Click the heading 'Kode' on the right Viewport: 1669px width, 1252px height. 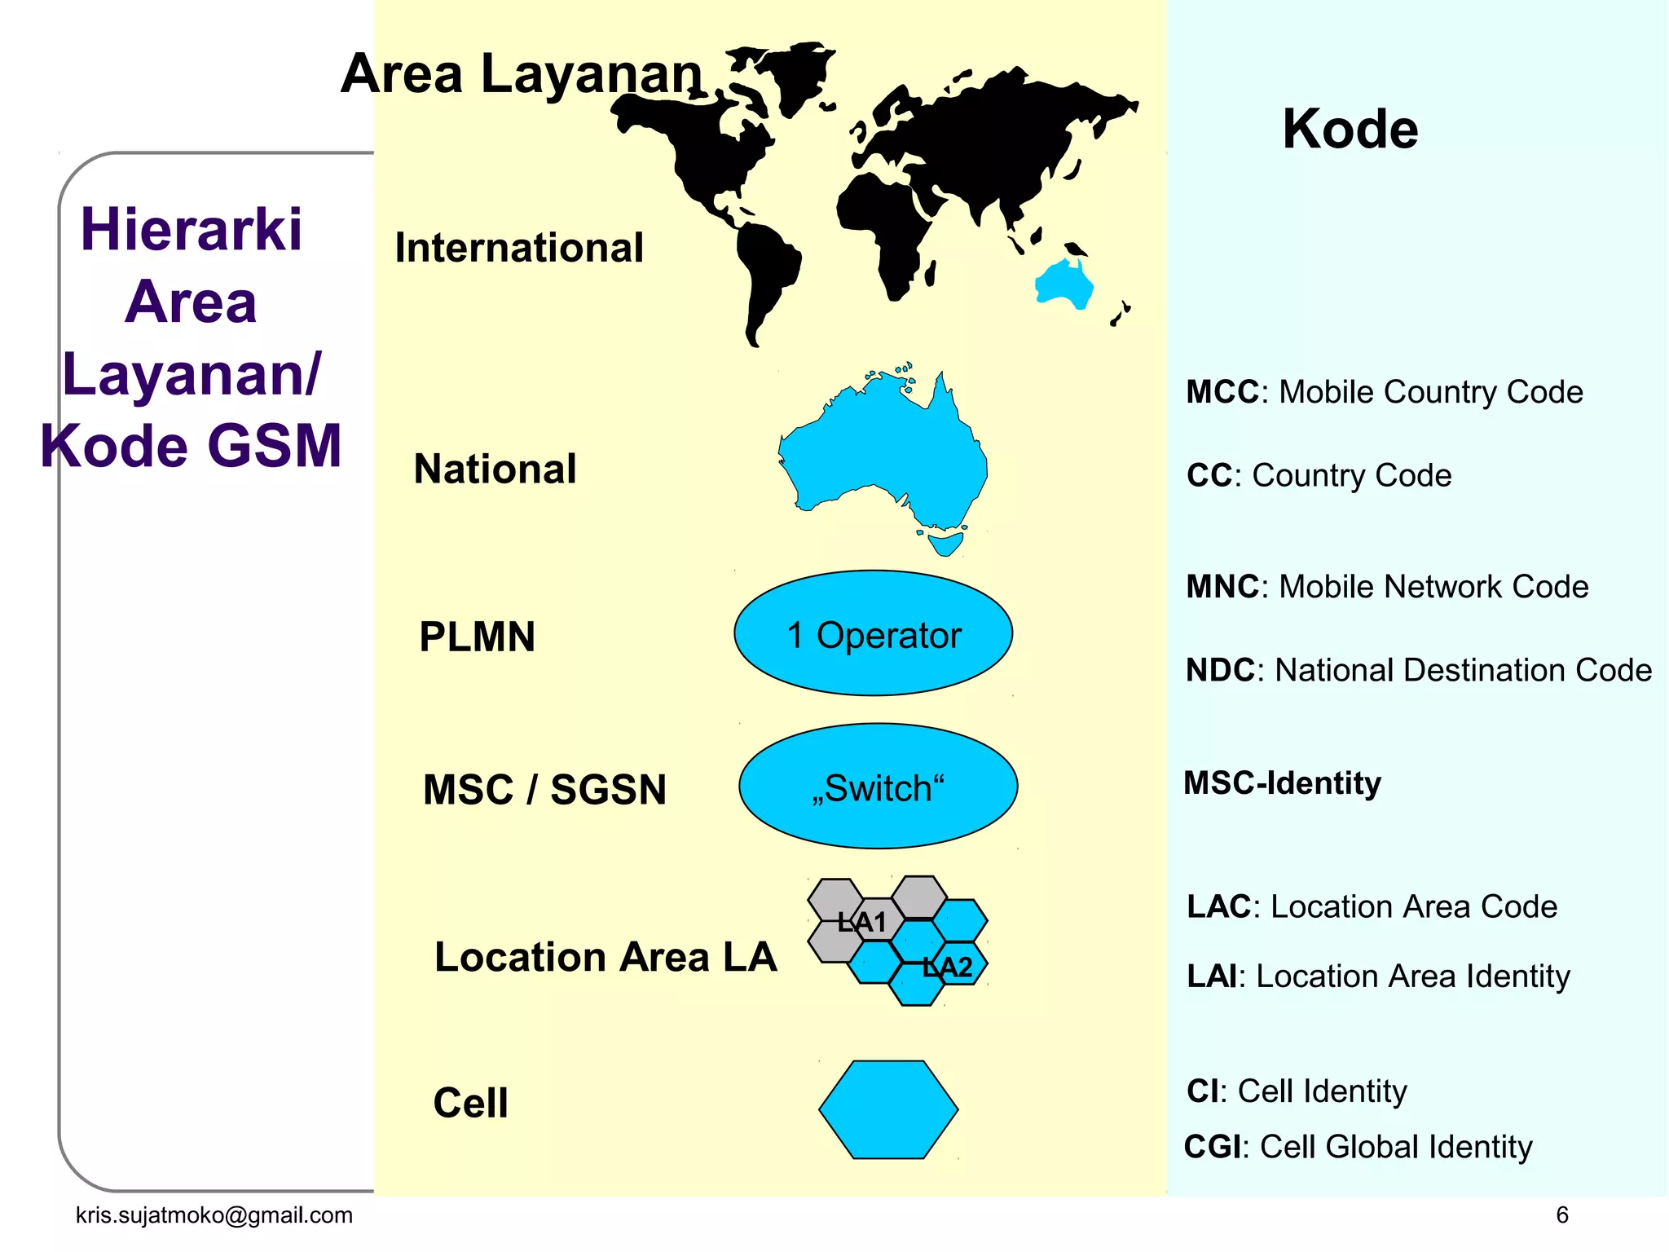tap(1350, 129)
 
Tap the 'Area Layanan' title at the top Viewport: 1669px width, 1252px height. tap(521, 74)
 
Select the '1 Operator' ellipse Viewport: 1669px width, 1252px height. tap(873, 634)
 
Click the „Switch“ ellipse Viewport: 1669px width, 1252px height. tap(878, 787)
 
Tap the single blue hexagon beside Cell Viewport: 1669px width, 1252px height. tap(887, 1109)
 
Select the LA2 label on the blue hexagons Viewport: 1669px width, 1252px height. tap(947, 968)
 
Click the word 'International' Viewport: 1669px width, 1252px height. tap(519, 248)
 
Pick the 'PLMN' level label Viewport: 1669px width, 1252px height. tap(477, 637)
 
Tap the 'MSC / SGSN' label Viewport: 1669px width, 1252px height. tap(544, 790)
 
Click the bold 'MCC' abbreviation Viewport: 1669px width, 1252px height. tap(1222, 392)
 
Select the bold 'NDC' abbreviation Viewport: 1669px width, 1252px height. tap(1220, 670)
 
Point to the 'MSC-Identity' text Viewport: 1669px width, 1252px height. tap(1282, 783)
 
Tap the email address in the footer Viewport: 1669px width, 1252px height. tap(214, 1215)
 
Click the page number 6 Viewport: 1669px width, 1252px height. tap(1561, 1215)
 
